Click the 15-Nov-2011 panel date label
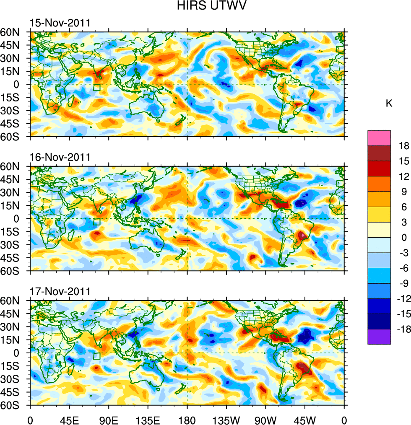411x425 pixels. point(60,23)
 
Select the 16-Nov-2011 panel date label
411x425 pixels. point(60,157)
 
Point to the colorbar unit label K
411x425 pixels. point(389,103)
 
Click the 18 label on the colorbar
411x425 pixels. point(404,146)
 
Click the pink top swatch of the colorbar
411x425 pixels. point(379,138)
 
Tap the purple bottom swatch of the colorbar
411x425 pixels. point(379,337)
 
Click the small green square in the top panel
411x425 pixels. point(96,87)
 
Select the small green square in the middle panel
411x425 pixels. point(96,222)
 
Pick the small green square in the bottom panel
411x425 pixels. point(96,356)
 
